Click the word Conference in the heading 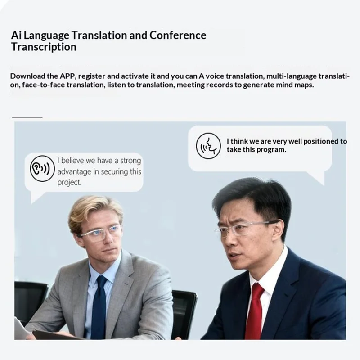point(178,35)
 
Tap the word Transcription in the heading point(44,47)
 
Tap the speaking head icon point(208,145)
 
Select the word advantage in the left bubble point(76,171)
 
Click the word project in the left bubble point(68,182)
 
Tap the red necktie point(255,310)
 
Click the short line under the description point(27,117)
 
